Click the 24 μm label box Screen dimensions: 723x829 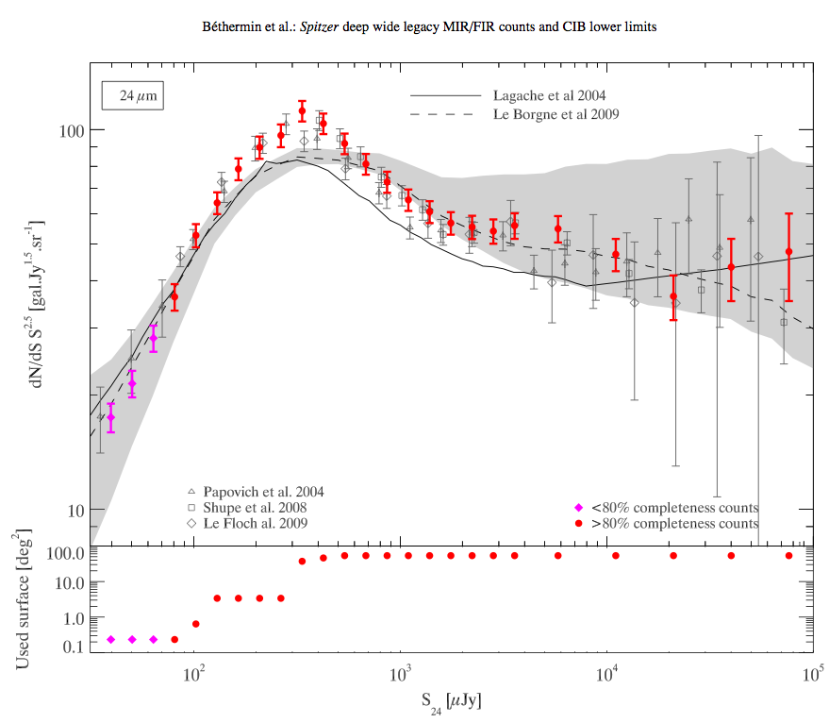[133, 96]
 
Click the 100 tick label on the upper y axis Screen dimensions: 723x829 [74, 130]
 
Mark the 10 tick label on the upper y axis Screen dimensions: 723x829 [77, 511]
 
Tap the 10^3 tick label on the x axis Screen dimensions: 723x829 [402, 675]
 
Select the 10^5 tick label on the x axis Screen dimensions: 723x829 [814, 675]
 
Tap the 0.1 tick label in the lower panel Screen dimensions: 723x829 [77, 647]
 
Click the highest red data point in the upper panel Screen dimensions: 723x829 [302, 111]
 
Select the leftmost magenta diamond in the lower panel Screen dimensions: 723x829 [111, 639]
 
